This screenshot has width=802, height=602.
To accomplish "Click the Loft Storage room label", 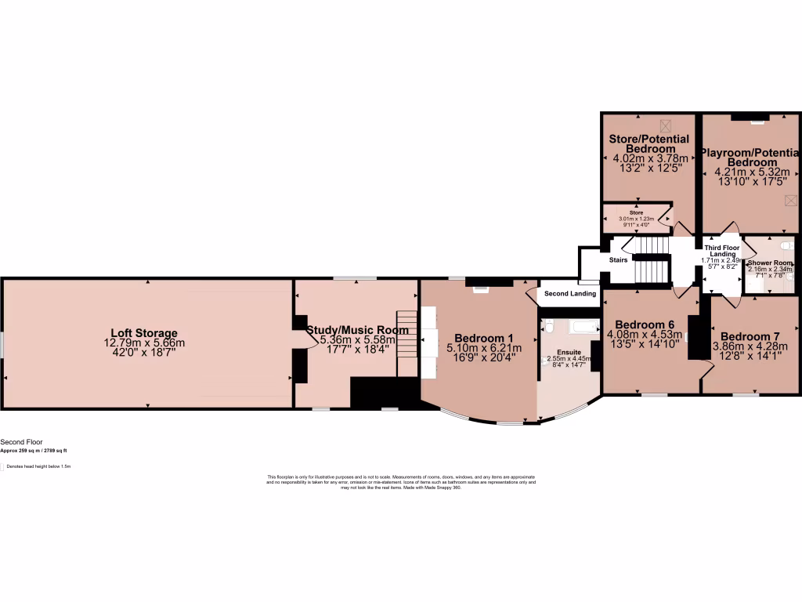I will pyautogui.click(x=143, y=333).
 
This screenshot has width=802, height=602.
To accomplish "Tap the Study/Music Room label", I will pyautogui.click(x=357, y=330).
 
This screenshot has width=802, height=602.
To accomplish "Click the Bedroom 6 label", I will pyautogui.click(x=645, y=325).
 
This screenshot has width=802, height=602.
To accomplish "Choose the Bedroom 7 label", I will pyautogui.click(x=750, y=337).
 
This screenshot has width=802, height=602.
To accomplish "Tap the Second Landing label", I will pyautogui.click(x=570, y=294).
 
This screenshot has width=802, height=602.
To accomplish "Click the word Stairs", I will pyautogui.click(x=619, y=259).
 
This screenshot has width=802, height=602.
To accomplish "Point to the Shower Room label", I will pyautogui.click(x=770, y=263).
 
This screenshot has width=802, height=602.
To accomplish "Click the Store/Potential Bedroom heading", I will pyautogui.click(x=649, y=144).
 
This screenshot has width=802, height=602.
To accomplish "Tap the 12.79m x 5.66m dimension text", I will pyautogui.click(x=144, y=343).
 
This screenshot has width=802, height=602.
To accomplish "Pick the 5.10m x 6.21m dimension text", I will pyautogui.click(x=483, y=347).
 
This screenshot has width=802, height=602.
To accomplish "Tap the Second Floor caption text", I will pyautogui.click(x=18, y=442).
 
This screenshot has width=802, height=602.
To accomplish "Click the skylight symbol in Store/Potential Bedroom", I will pyautogui.click(x=665, y=125).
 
